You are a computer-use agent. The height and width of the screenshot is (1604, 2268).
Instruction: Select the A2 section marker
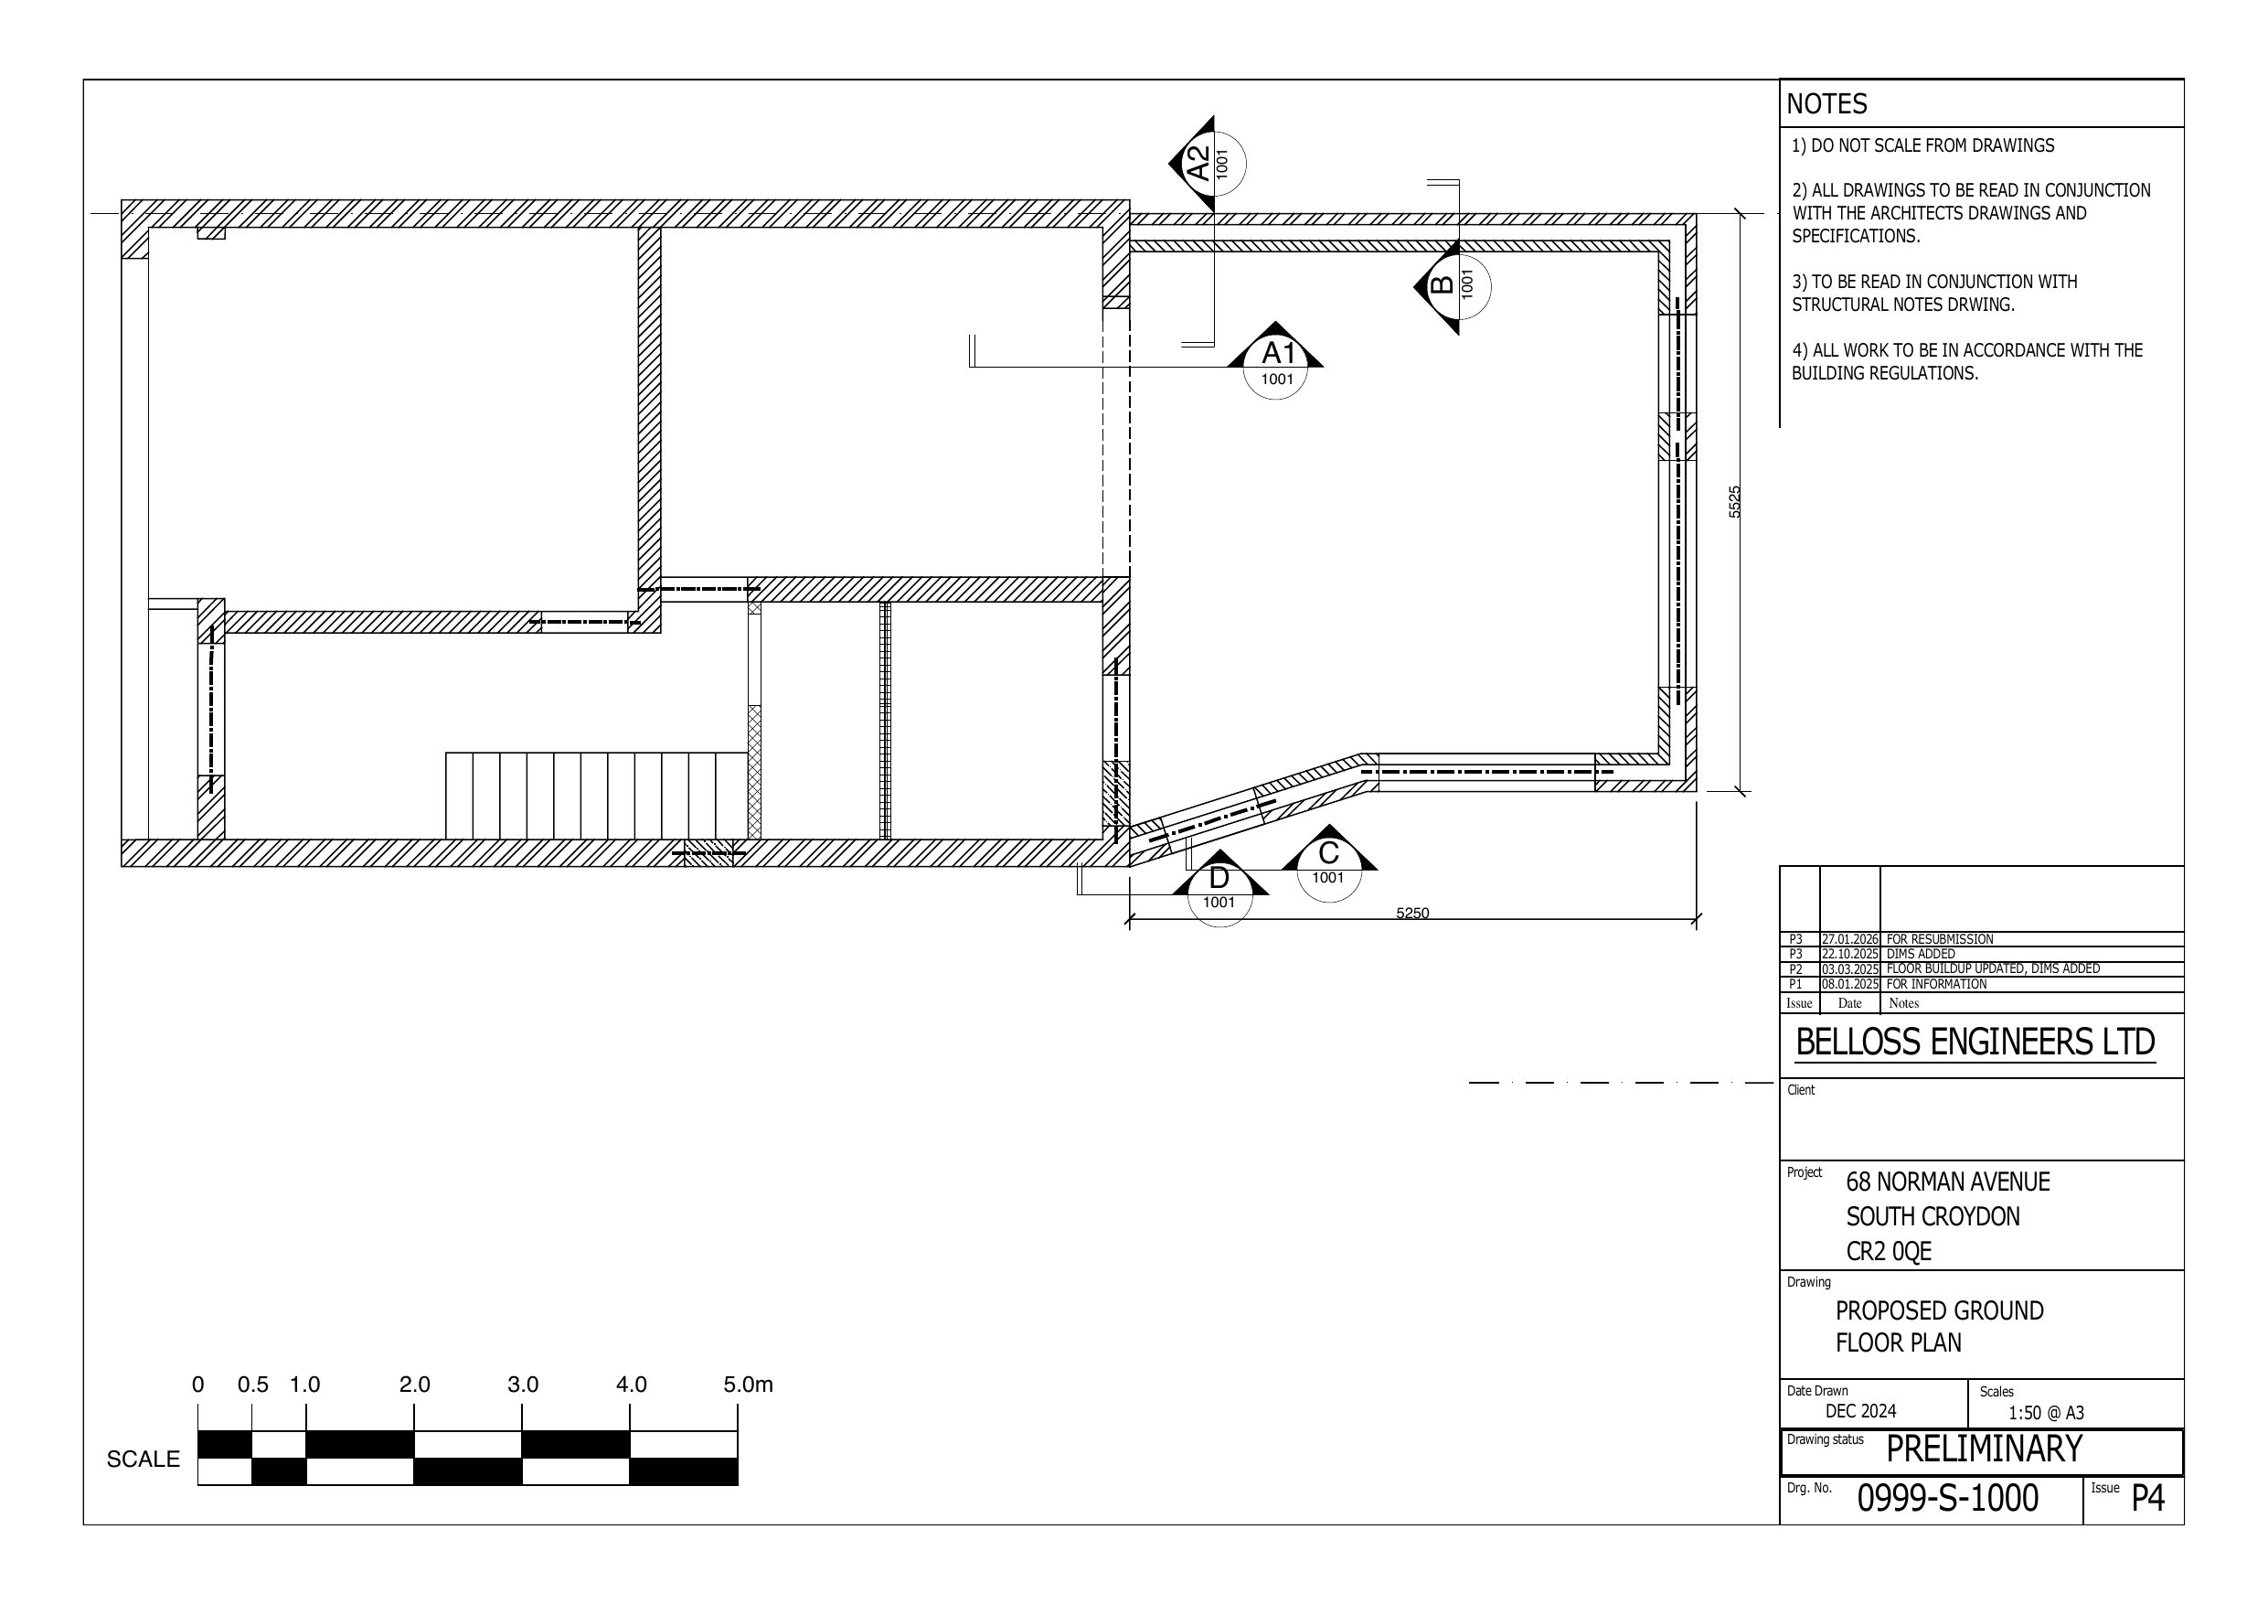click(x=1207, y=163)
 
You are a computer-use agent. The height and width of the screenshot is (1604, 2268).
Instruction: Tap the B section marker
click(x=1452, y=286)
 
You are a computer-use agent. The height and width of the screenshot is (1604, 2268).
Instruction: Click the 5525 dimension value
click(x=1734, y=502)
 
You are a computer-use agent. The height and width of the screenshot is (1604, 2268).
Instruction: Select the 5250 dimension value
click(x=1412, y=914)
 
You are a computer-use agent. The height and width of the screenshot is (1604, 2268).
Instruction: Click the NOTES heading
click(x=1826, y=103)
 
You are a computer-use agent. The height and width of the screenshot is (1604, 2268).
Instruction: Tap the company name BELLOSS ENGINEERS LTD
click(x=1975, y=1042)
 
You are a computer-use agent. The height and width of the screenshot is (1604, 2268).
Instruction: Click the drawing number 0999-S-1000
click(x=1948, y=1498)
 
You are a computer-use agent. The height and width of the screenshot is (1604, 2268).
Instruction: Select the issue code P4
click(x=2147, y=1498)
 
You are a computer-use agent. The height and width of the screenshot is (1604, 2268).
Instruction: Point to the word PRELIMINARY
click(x=1985, y=1449)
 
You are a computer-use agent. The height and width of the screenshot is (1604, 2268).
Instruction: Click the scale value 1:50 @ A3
click(x=2047, y=1413)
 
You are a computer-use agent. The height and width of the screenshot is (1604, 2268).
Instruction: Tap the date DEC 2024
click(x=1861, y=1411)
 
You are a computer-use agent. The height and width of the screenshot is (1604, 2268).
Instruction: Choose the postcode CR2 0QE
click(x=1889, y=1251)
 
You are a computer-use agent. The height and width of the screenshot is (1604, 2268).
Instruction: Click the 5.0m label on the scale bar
click(x=748, y=1385)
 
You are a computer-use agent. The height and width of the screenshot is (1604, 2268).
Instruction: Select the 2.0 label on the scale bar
click(x=415, y=1385)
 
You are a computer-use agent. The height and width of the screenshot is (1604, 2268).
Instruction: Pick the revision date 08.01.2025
click(x=1850, y=984)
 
